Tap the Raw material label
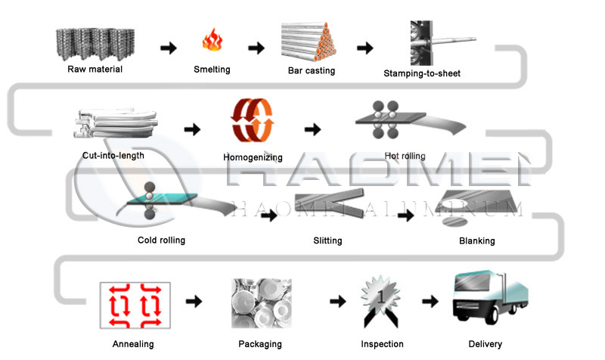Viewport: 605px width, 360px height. tap(94, 70)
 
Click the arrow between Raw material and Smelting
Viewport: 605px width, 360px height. tap(169, 48)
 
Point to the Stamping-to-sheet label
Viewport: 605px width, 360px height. tap(422, 73)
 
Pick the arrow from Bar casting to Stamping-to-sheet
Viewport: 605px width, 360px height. tap(365, 48)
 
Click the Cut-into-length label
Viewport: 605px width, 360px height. tap(113, 156)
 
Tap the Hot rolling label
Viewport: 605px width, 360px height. tap(405, 156)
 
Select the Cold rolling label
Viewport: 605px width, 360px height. tap(161, 241)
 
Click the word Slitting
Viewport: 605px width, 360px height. tap(327, 241)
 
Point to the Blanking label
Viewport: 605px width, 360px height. tap(476, 241)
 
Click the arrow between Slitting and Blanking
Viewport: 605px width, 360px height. tap(406, 216)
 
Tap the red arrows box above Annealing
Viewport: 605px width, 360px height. tap(134, 305)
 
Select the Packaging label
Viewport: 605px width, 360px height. tap(259, 344)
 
